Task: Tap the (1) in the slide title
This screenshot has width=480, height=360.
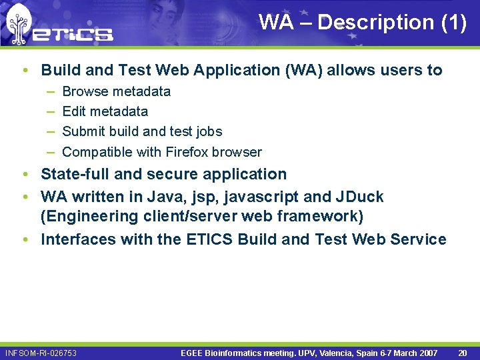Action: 454,22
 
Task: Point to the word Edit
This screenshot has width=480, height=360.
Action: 73,111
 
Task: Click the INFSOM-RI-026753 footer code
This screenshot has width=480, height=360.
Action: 41,353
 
